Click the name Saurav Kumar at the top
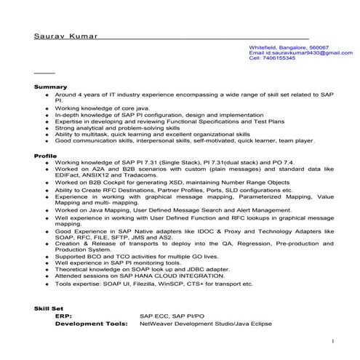pyautogui.click(x=65, y=36)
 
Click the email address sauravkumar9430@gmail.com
pyautogui.click(x=305, y=52)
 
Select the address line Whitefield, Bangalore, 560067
pyautogui.click(x=289, y=47)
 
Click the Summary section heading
pyautogui.click(x=50, y=87)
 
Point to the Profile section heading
pyautogui.click(x=46, y=156)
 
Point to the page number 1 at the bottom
pyautogui.click(x=332, y=340)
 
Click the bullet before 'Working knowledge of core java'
pyautogui.click(x=47, y=108)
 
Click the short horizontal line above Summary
pyautogui.click(x=44, y=73)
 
